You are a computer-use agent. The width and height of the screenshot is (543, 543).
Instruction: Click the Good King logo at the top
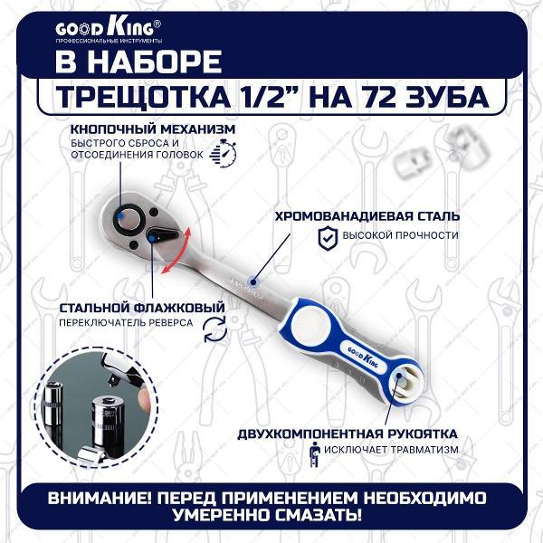pos(109,31)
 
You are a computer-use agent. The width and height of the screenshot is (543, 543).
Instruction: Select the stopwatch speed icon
pos(223,154)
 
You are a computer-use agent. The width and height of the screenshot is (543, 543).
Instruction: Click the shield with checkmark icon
pos(328,237)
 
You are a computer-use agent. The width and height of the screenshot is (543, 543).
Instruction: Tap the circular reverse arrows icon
pos(214,329)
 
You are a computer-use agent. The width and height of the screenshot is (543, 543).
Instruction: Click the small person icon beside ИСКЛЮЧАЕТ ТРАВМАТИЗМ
pos(314,454)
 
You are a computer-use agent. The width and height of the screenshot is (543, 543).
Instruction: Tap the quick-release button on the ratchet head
pos(129,219)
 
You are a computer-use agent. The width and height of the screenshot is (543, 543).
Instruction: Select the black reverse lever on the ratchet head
pos(163,235)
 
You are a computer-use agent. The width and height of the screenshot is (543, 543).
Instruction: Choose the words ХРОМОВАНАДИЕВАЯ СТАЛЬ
pos(367,215)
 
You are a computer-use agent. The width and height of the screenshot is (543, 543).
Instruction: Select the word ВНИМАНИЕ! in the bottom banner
pos(100,498)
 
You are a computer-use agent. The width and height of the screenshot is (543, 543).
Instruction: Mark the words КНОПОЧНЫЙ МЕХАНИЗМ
pos(153,129)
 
